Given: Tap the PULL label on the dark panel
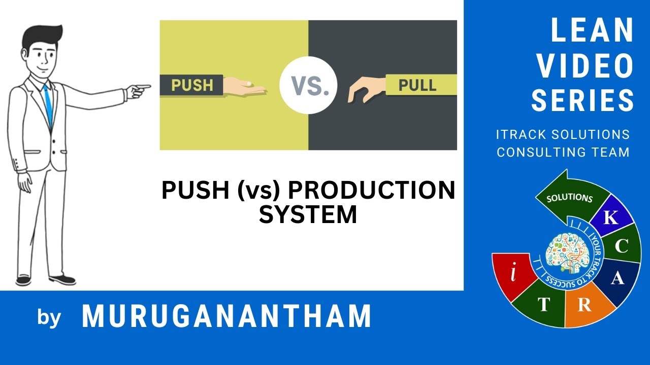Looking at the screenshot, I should coord(417,85).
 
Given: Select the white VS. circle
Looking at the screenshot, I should coord(308,85).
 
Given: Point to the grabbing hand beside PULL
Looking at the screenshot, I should coord(365,89).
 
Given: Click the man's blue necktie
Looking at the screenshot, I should coord(48,104).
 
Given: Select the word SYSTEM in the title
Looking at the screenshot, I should coord(308,214).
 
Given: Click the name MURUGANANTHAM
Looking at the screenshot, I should coord(226,316).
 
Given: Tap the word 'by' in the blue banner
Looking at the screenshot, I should coord(49,317).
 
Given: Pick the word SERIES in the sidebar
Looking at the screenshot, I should coord(583,99).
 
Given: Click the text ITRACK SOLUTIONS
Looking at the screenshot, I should coord(563,135).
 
